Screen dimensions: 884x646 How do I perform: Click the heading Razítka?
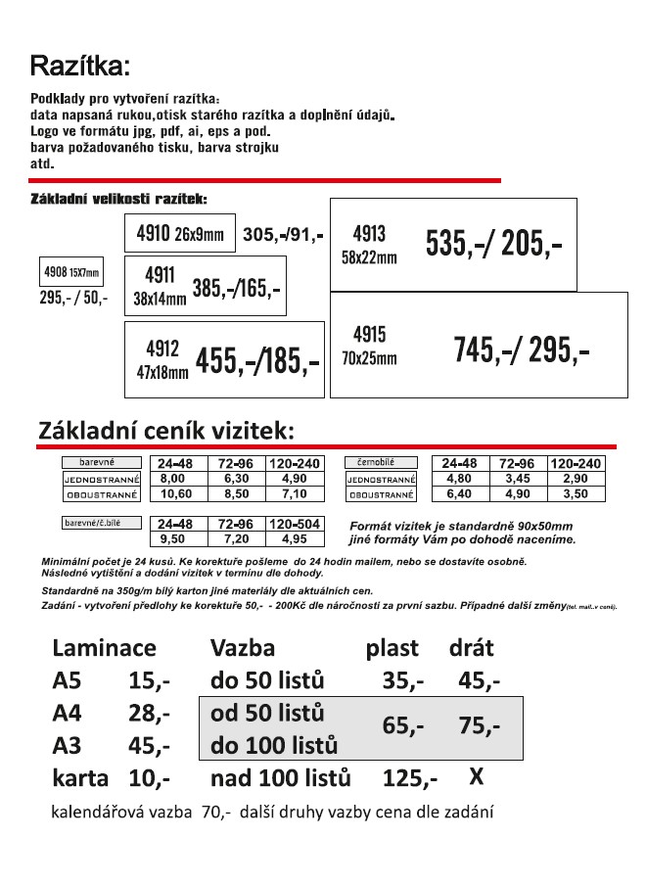[80, 66]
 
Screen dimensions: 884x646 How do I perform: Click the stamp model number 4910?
[153, 234]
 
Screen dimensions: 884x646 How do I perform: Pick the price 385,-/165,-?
[237, 288]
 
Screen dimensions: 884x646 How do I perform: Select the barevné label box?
[101, 462]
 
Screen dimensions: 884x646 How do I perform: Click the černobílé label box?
[381, 462]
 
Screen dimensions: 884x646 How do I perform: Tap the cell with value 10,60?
[172, 494]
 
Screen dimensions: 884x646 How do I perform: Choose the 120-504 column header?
[295, 524]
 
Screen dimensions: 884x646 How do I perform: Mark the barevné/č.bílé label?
[101, 522]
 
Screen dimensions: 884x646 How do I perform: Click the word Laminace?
[104, 647]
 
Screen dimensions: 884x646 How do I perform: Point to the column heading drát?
[471, 647]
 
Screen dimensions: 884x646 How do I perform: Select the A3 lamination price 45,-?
[149, 745]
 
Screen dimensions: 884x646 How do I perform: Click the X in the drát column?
[476, 777]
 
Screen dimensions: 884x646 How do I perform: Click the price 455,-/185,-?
[257, 361]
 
